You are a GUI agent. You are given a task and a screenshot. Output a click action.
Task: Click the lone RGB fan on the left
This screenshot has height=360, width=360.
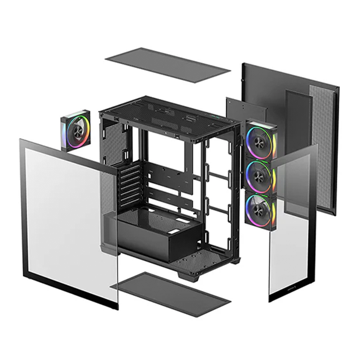click(76, 131)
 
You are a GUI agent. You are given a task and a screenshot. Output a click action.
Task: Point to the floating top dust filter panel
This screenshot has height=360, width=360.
click(168, 65)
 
